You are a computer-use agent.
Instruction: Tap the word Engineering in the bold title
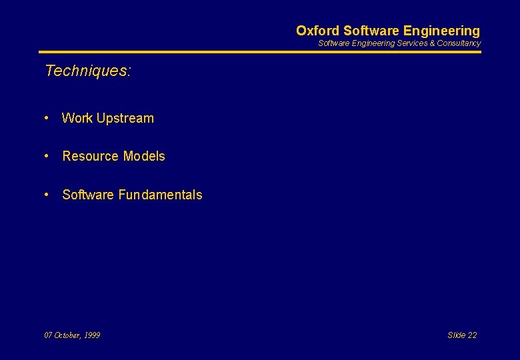coord(441,31)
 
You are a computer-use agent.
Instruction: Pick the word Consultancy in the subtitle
coord(459,43)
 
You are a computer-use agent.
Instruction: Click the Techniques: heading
coord(88,71)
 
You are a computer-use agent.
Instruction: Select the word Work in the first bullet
coord(77,119)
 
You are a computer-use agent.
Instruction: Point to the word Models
coord(143,157)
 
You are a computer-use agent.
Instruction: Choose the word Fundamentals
coord(160,195)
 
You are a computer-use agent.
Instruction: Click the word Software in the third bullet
coord(88,195)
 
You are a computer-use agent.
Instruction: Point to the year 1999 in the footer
coord(92,335)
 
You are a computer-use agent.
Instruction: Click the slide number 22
coord(471,335)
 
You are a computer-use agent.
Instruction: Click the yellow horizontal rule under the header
coord(260,52)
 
